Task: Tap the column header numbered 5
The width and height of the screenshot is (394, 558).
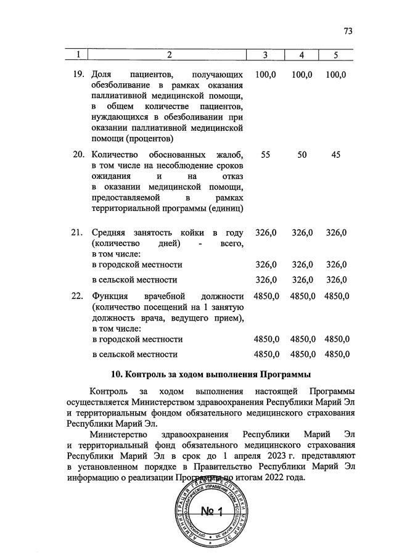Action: pyautogui.click(x=336, y=56)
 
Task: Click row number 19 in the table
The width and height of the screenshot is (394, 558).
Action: pyautogui.click(x=78, y=74)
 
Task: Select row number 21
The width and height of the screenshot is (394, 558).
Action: pyautogui.click(x=78, y=232)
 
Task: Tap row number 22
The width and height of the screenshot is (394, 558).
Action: pyautogui.click(x=78, y=296)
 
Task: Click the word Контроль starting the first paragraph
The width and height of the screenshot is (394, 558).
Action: pyautogui.click(x=109, y=392)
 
